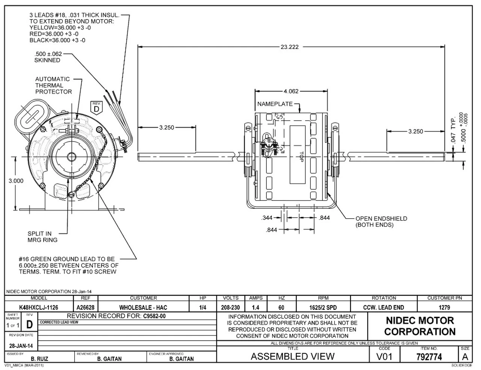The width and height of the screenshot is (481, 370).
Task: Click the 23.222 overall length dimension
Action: point(289,47)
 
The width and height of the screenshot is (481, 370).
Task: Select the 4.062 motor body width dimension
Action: point(291,91)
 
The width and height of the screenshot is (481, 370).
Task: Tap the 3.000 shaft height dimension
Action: point(16,181)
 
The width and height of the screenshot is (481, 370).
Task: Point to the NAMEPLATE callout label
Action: point(275,104)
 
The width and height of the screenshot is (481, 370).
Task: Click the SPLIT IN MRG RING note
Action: point(42,237)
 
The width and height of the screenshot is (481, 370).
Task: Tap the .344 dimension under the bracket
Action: point(267,218)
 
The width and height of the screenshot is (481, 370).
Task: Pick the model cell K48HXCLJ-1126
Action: point(39,308)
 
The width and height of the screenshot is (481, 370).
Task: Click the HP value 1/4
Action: point(203,308)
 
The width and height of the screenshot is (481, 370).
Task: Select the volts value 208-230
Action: point(230,308)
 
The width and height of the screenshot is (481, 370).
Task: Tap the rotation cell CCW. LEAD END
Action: point(383,308)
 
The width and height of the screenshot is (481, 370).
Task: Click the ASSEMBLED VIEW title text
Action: point(292,356)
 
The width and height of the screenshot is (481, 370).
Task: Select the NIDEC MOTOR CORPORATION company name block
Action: point(420,326)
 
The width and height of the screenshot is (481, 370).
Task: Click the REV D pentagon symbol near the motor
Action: point(97,107)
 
